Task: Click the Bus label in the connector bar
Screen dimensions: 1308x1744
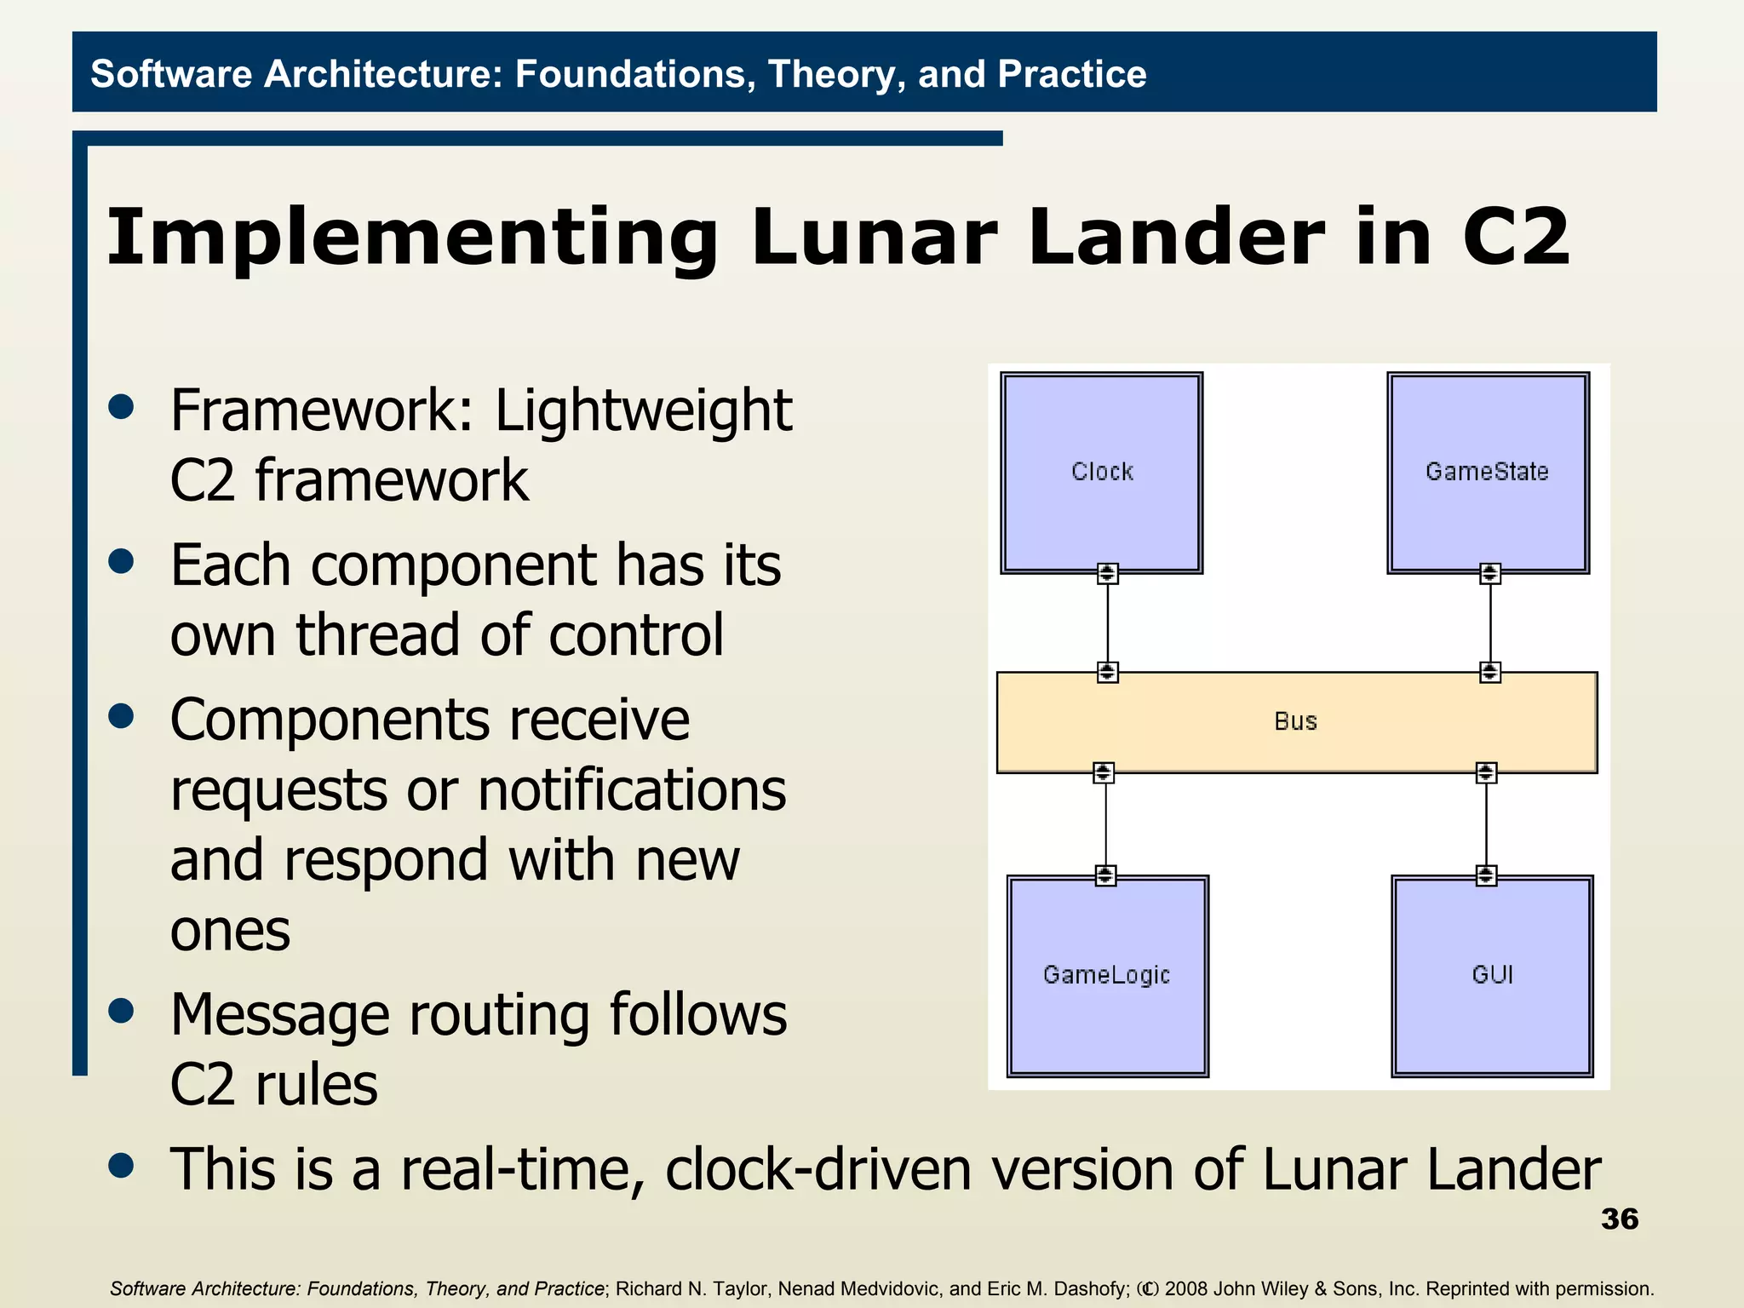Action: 1295,722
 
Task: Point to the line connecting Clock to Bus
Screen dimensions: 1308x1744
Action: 1107,622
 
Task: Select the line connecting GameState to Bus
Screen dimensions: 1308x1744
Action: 1489,622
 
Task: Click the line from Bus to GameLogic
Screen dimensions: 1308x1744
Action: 1105,823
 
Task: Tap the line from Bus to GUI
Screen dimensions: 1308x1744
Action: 1486,823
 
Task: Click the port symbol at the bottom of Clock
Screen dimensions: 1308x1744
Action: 1107,573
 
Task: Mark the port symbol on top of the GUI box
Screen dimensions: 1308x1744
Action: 1486,875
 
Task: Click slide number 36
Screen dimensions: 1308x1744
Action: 1619,1219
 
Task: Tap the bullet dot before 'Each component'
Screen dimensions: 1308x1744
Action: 122,562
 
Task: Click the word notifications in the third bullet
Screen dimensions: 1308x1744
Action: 632,791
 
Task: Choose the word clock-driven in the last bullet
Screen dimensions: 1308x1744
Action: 818,1169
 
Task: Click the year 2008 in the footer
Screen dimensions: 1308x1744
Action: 1187,1288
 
